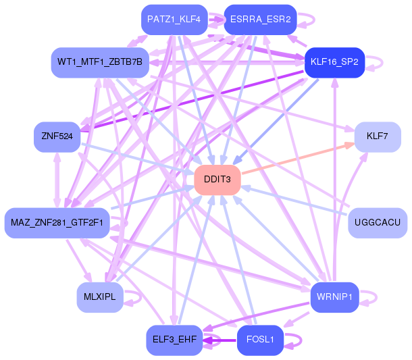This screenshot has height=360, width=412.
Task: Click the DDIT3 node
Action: [x=217, y=180]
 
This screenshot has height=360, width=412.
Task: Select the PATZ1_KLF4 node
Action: [x=174, y=20]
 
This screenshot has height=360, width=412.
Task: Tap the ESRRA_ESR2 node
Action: [x=261, y=20]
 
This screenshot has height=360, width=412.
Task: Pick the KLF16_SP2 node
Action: [x=334, y=63]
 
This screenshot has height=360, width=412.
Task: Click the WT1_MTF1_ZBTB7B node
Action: [x=100, y=63]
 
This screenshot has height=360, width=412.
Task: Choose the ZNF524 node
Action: [x=57, y=137]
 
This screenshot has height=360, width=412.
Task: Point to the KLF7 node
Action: [x=378, y=137]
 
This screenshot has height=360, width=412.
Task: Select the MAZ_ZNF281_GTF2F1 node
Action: [x=57, y=223]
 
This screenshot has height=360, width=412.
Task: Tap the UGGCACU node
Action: [x=378, y=223]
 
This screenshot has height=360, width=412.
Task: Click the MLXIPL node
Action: [x=100, y=297]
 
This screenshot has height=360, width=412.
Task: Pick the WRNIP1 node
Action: [x=334, y=297]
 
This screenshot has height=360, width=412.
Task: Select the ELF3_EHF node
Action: [x=174, y=340]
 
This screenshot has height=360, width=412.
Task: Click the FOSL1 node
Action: [x=261, y=340]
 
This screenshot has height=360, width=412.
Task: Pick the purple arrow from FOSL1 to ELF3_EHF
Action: [x=220, y=340]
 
